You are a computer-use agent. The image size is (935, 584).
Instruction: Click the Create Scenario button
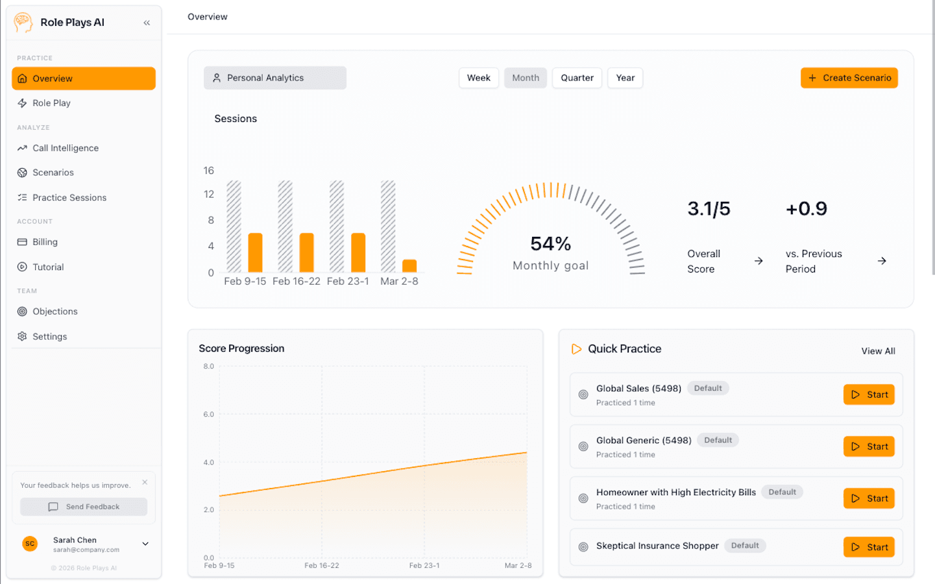pyautogui.click(x=849, y=78)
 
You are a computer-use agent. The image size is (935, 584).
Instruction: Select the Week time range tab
pyautogui.click(x=478, y=78)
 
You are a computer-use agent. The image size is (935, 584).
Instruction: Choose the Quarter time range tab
pyautogui.click(x=577, y=78)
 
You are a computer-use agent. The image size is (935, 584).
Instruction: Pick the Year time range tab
pyautogui.click(x=625, y=78)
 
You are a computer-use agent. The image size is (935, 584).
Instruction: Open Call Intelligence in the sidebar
pyautogui.click(x=66, y=148)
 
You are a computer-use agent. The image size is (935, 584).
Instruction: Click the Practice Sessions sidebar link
pyautogui.click(x=69, y=198)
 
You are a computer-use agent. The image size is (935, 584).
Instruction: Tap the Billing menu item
pyautogui.click(x=45, y=242)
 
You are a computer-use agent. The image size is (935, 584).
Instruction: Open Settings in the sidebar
pyautogui.click(x=50, y=337)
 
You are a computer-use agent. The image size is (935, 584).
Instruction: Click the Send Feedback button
pyautogui.click(x=84, y=507)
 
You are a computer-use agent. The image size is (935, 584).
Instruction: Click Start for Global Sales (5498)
pyautogui.click(x=869, y=395)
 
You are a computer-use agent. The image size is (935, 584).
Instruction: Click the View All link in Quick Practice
pyautogui.click(x=878, y=351)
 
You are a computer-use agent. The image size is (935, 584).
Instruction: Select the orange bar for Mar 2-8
pyautogui.click(x=409, y=266)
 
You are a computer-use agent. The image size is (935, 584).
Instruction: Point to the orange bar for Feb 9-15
pyautogui.click(x=256, y=252)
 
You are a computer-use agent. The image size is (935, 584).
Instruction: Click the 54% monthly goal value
pyautogui.click(x=550, y=244)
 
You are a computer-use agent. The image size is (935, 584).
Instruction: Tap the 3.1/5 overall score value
pyautogui.click(x=709, y=209)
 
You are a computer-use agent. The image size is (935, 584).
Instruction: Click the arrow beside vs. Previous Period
pyautogui.click(x=882, y=261)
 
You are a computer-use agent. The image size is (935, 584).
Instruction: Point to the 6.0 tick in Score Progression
pyautogui.click(x=208, y=415)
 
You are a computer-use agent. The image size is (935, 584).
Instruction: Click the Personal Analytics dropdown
pyautogui.click(x=275, y=78)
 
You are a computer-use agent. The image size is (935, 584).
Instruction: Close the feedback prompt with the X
pyautogui.click(x=145, y=482)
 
